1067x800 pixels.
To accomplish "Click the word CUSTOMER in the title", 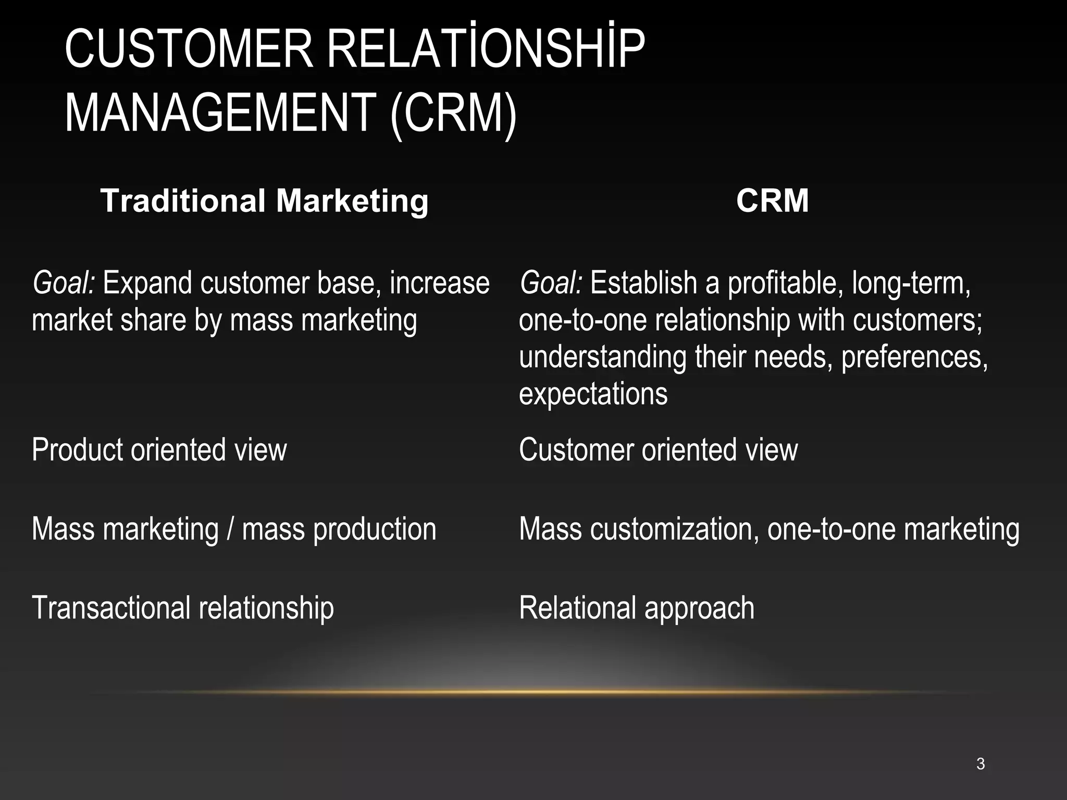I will (189, 49).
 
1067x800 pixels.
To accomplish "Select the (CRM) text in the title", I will (453, 114).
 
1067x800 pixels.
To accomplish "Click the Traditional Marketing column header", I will (264, 201).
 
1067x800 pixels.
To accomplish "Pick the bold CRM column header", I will (772, 201).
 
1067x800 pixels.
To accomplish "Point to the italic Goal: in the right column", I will (551, 283).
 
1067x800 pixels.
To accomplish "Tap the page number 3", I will (981, 764).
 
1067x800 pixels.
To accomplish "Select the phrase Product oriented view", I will (159, 449).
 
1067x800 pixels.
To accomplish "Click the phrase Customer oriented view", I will (658, 449).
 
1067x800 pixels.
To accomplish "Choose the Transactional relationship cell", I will (182, 608).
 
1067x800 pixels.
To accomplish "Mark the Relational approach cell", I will (636, 608).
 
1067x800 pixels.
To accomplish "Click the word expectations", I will (593, 394).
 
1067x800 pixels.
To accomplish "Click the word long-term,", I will (911, 283).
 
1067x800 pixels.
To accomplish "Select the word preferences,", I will (914, 357).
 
